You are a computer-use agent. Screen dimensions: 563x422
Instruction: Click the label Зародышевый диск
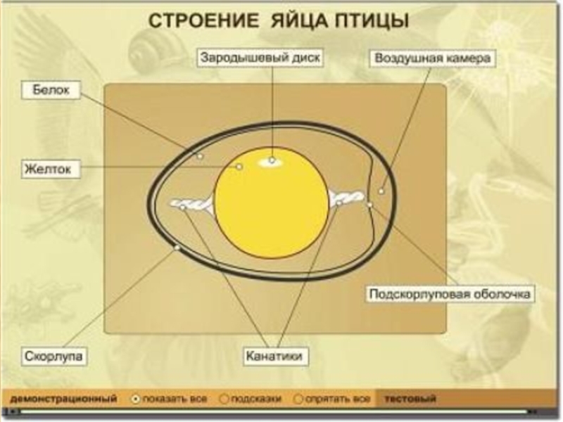click(260, 58)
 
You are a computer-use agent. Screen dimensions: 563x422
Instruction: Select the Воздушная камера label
click(432, 58)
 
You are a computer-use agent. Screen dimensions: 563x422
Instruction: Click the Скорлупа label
click(55, 356)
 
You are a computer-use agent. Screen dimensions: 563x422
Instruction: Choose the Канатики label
click(275, 357)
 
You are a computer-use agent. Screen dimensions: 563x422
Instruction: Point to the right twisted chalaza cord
click(346, 198)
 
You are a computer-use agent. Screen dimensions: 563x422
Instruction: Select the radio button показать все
click(136, 399)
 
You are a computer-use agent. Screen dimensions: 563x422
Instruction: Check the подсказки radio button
click(224, 399)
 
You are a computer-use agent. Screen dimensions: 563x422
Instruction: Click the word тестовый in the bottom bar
click(410, 399)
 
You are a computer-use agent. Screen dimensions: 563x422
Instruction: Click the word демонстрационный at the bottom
click(63, 399)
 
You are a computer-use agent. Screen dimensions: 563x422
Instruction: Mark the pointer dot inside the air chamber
click(381, 191)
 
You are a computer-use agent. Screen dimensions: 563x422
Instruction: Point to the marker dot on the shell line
click(177, 248)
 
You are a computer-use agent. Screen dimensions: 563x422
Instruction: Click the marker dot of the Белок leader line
click(200, 156)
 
